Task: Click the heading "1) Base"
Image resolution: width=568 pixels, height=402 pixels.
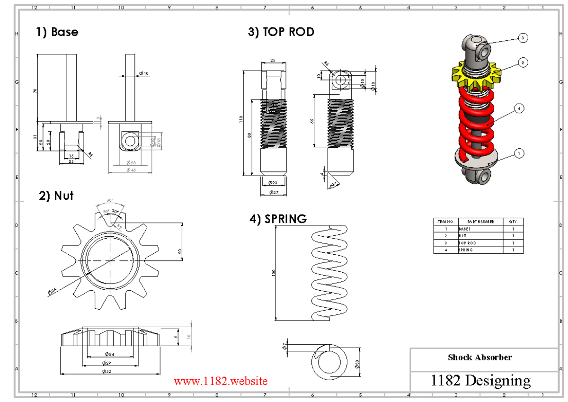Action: [57, 32]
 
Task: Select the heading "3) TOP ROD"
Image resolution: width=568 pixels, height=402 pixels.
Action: [281, 32]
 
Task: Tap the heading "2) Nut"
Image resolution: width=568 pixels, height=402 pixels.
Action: [56, 196]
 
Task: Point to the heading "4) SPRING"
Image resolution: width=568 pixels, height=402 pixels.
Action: [278, 219]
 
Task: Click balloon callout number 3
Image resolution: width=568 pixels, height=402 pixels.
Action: [523, 38]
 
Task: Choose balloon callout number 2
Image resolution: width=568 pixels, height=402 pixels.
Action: [523, 62]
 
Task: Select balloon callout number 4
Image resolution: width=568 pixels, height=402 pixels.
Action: [519, 108]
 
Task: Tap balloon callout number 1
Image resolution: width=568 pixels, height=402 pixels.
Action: [519, 153]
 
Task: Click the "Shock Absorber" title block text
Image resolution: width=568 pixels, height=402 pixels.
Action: [479, 357]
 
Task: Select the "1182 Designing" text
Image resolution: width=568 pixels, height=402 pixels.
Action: [480, 380]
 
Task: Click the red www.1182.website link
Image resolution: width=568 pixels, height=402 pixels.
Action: [221, 381]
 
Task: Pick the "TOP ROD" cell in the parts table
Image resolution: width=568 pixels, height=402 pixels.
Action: [467, 243]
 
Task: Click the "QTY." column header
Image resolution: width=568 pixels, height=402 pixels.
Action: [514, 222]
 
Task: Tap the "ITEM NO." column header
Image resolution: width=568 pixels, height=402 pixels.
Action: [445, 222]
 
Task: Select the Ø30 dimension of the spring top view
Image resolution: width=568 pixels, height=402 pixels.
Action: [356, 363]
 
